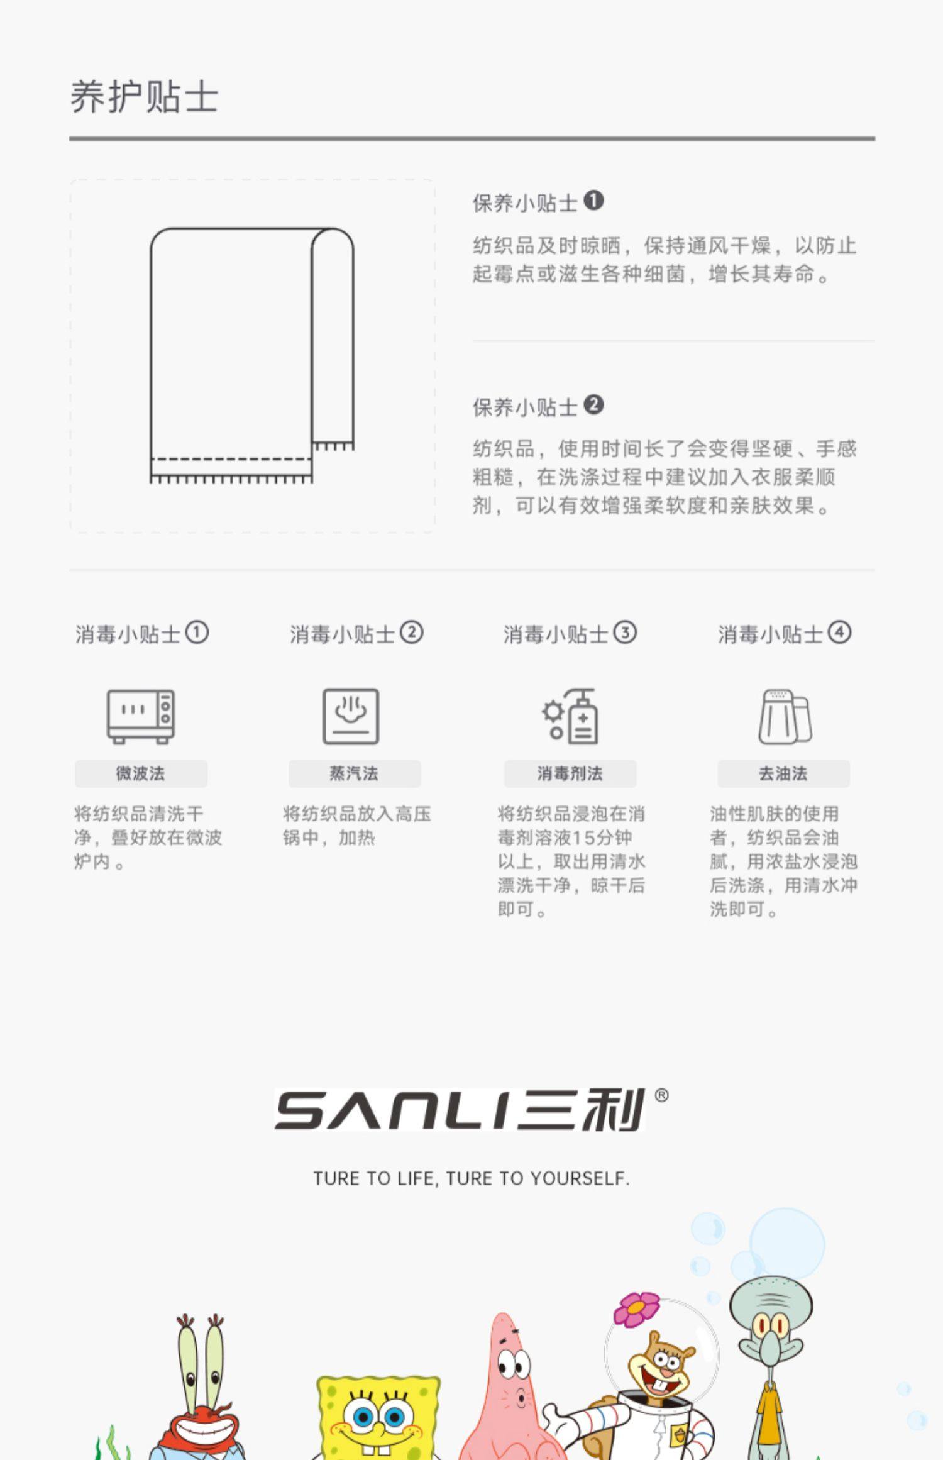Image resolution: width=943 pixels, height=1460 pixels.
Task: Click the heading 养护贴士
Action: click(x=144, y=97)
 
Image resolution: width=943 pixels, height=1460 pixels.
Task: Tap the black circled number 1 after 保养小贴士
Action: click(x=593, y=201)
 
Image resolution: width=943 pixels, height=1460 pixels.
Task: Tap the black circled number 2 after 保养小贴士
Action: click(x=593, y=405)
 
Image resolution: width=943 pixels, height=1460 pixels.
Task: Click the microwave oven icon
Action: click(x=141, y=716)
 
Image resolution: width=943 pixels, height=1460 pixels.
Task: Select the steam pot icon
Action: click(x=351, y=716)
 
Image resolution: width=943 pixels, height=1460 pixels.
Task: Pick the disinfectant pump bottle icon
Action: click(x=571, y=716)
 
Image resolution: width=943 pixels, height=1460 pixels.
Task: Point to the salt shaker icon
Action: click(x=785, y=716)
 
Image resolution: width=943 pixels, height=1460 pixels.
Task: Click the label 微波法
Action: click(x=141, y=773)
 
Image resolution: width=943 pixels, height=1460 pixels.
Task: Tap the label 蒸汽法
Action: click(x=355, y=773)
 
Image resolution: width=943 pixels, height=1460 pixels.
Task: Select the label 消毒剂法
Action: click(x=570, y=773)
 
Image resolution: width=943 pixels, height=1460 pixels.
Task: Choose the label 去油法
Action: click(x=783, y=773)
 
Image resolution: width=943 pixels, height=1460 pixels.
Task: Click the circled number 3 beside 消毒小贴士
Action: click(x=625, y=632)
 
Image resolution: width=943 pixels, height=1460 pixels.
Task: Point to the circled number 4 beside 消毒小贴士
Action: click(x=839, y=632)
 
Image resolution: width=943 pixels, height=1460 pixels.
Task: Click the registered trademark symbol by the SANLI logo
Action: click(x=661, y=1095)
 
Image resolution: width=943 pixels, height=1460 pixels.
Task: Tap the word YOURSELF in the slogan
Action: click(x=579, y=1178)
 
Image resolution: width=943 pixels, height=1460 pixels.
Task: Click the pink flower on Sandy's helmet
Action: click(x=636, y=1308)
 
